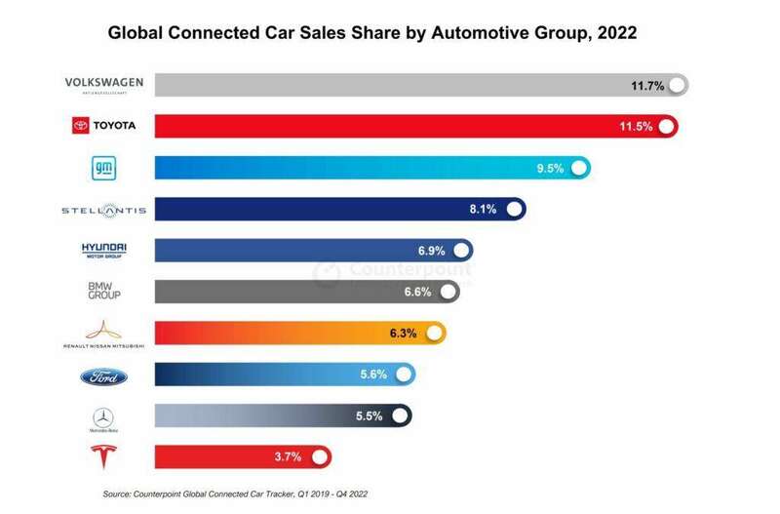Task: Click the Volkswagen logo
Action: click(x=103, y=84)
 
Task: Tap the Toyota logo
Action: click(x=103, y=126)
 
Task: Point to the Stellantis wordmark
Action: click(x=103, y=211)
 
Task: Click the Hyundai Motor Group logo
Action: click(x=103, y=251)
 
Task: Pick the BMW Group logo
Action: click(x=103, y=291)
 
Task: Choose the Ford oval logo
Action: click(x=103, y=376)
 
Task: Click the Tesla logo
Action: click(x=103, y=456)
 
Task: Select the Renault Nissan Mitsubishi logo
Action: click(x=103, y=334)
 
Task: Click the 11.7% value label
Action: click(x=647, y=86)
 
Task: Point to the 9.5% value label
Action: click(x=550, y=168)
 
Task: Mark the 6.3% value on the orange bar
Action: click(x=403, y=334)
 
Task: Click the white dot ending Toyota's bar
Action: click(x=667, y=127)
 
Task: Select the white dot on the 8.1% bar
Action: click(x=513, y=209)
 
